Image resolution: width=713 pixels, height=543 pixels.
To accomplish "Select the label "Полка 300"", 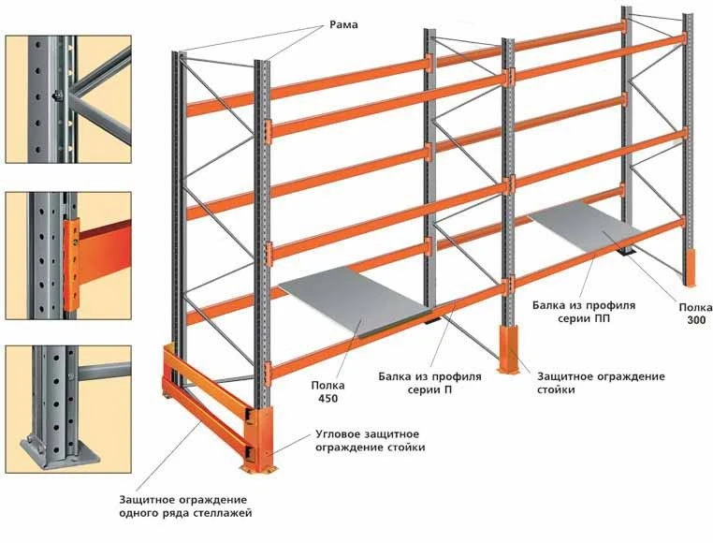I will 693,313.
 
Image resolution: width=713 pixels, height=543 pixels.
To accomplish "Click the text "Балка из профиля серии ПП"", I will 583,313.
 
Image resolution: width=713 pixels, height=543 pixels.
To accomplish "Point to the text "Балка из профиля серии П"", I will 429,384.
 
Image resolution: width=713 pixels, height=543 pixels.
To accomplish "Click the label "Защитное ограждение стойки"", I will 601,384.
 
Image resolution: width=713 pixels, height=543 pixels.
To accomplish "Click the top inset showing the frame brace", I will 67,97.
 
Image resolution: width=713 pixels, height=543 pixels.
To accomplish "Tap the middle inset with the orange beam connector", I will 67,254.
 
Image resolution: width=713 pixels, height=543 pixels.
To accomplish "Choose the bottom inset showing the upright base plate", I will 67,407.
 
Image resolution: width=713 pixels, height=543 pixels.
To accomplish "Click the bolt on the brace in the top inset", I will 58,95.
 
